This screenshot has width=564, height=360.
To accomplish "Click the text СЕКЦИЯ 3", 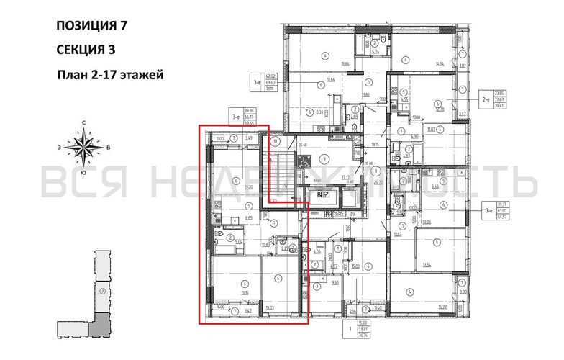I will click(x=85, y=50).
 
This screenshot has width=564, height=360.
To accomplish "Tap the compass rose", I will click(x=84, y=149).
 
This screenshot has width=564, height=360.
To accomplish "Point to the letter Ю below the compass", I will click(x=84, y=174).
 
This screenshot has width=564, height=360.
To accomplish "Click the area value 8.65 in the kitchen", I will click(x=248, y=216).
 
